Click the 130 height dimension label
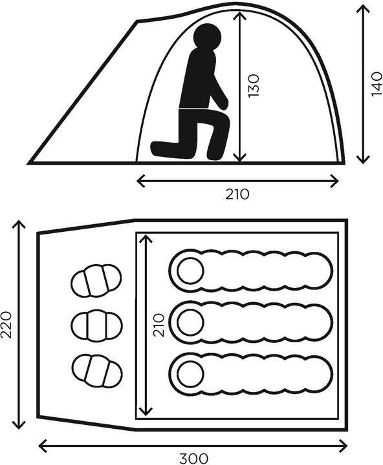(x=254, y=86)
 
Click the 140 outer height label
(x=377, y=84)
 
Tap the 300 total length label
(x=193, y=459)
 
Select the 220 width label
(x=6, y=325)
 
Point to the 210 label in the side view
(x=237, y=194)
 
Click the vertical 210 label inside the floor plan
(x=159, y=325)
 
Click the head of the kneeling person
(x=208, y=36)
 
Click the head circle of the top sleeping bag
(x=190, y=271)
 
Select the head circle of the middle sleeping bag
(x=190, y=322)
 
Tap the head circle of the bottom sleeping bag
(x=190, y=374)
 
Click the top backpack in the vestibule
(x=96, y=280)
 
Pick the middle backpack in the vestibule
(x=96, y=325)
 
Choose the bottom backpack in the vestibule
(x=98, y=371)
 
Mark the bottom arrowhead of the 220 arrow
(x=19, y=425)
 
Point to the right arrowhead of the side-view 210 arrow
(x=335, y=181)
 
